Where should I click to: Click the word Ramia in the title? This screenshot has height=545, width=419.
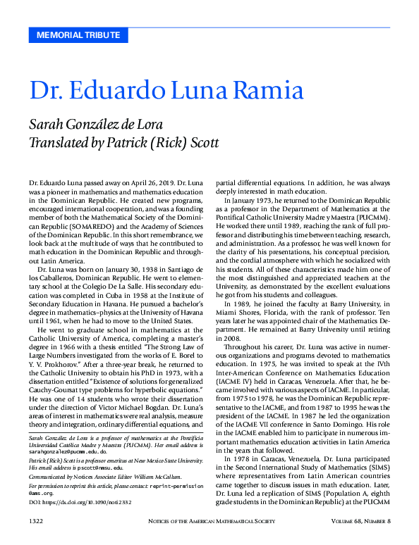265,91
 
